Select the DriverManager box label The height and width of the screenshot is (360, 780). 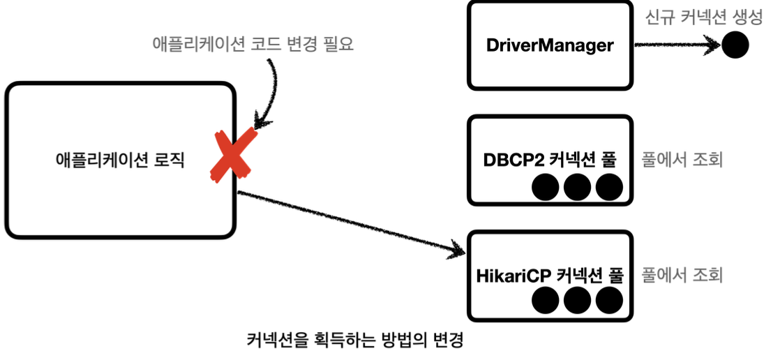click(550, 46)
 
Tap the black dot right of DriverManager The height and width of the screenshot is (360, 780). click(735, 45)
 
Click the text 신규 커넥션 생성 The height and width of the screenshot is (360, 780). click(703, 18)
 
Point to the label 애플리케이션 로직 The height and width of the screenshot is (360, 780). click(120, 160)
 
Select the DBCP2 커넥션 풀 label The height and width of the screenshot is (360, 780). click(550, 160)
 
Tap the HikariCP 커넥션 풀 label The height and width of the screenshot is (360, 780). click(550, 275)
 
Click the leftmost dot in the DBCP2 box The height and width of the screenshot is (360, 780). click(545, 188)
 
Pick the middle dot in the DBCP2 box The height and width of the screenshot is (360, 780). click(577, 188)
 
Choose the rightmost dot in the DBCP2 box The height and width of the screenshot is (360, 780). click(609, 188)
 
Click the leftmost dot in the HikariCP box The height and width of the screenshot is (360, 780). click(545, 301)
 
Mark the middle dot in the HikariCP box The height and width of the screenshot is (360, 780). click(577, 301)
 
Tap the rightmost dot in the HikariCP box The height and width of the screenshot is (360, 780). click(609, 301)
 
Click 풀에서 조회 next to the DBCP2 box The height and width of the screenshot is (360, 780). click(682, 160)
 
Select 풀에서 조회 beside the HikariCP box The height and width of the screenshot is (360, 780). click(682, 274)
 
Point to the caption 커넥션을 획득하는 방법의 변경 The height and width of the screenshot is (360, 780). click(355, 340)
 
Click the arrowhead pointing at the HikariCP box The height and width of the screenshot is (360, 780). click(458, 249)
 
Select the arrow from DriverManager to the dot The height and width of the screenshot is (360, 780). click(677, 45)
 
